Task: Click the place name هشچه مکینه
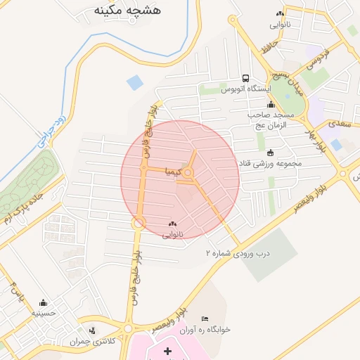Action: click(127, 9)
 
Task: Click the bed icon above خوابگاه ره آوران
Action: click(205, 319)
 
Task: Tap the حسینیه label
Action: click(44, 314)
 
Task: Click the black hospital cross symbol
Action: click(167, 350)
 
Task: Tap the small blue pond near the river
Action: click(134, 82)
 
